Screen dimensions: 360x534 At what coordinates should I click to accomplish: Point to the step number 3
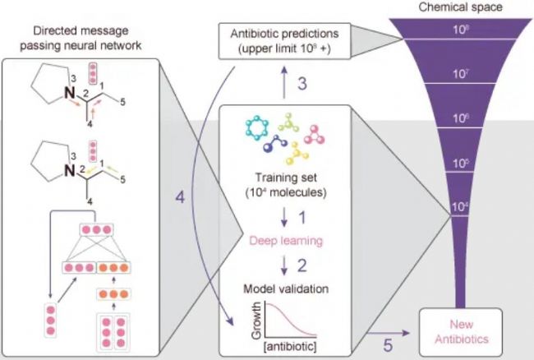(x=301, y=83)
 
